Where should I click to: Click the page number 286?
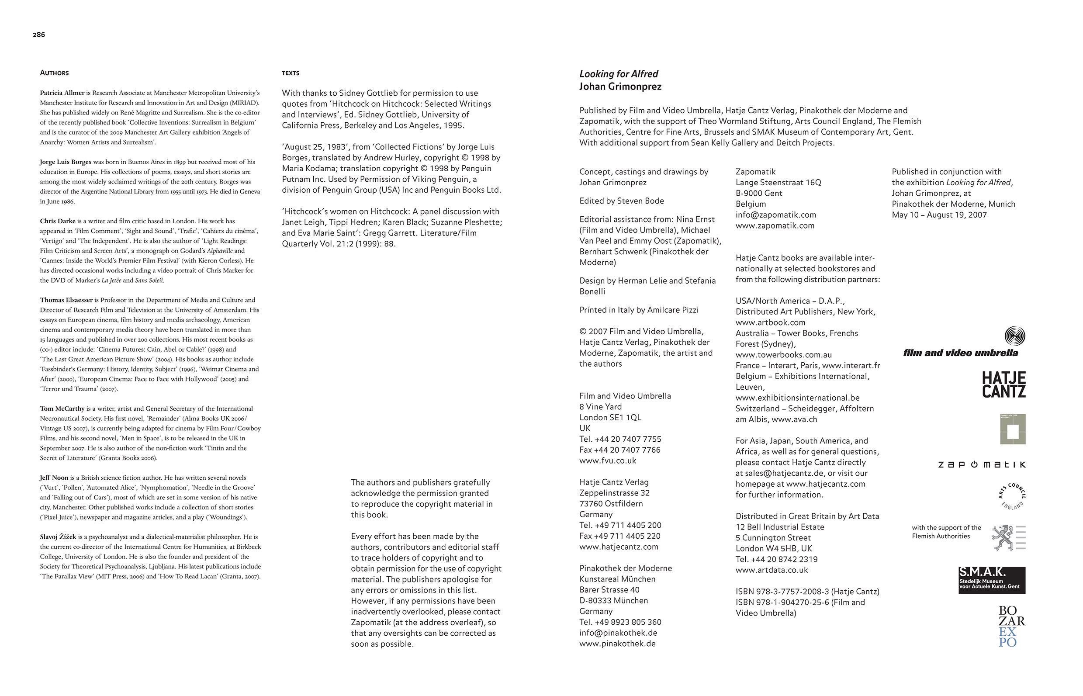click(39, 35)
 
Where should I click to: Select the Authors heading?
click(54, 73)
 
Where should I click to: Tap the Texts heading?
click(291, 73)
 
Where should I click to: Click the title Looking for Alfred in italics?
click(619, 74)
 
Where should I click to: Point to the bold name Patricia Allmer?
click(62, 93)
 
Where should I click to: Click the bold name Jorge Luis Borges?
click(66, 162)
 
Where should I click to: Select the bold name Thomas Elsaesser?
click(66, 300)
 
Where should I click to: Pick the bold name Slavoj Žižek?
click(58, 537)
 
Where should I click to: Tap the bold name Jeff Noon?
click(54, 478)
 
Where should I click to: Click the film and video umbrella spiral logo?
click(1014, 336)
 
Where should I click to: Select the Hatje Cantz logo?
click(1004, 384)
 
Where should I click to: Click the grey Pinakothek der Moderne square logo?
click(1013, 429)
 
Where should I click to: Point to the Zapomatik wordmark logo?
click(981, 464)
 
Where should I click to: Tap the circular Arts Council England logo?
click(1012, 496)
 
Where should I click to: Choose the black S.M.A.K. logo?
click(992, 580)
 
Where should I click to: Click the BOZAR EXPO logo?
click(1011, 627)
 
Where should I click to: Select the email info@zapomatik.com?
click(776, 215)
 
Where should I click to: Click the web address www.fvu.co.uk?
click(608, 461)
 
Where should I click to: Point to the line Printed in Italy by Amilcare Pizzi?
click(639, 310)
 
